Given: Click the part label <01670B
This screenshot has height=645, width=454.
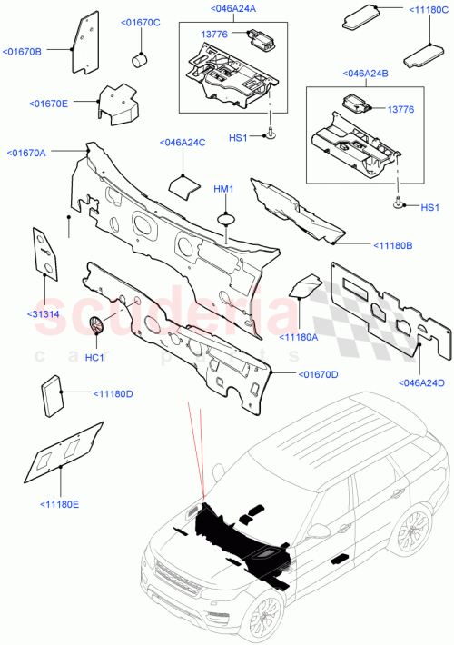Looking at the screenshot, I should point(22,52).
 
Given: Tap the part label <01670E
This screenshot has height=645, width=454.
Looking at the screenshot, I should point(50,104).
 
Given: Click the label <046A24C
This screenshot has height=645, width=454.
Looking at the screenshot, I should point(182,142).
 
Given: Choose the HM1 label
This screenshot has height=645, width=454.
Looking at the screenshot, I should point(223,188).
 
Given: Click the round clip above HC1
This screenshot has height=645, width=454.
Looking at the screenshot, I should point(98,324).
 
